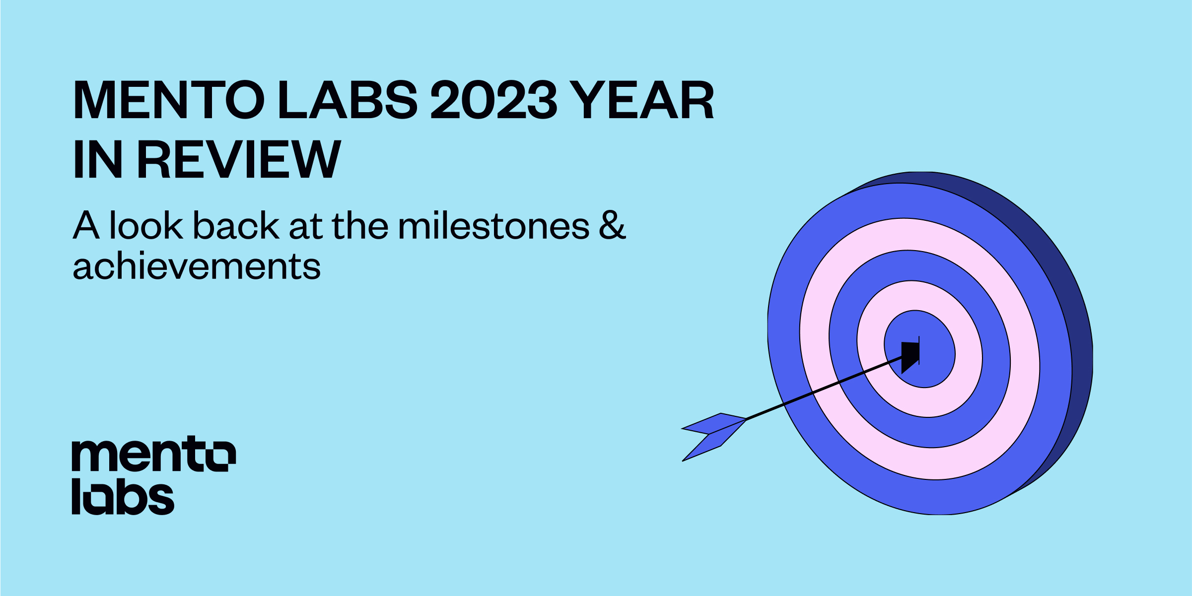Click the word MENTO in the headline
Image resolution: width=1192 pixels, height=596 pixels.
pyautogui.click(x=169, y=100)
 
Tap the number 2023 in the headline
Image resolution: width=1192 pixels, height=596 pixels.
pyautogui.click(x=494, y=100)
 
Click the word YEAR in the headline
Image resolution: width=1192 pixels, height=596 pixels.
pyautogui.click(x=641, y=100)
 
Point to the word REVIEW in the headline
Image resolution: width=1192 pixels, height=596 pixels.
pyautogui.click(x=239, y=159)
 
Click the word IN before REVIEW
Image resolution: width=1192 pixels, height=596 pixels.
pyautogui.click(x=98, y=159)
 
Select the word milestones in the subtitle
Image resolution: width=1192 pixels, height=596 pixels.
pyautogui.click(x=493, y=226)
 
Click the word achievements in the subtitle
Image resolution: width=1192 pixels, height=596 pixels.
pyautogui.click(x=197, y=267)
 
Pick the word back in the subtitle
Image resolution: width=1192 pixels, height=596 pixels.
pyautogui.click(x=236, y=226)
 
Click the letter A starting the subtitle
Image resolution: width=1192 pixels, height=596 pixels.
pyautogui.click(x=86, y=226)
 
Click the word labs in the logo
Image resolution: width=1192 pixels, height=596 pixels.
pyautogui.click(x=123, y=497)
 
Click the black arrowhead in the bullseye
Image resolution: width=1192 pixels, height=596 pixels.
pyautogui.click(x=910, y=355)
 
